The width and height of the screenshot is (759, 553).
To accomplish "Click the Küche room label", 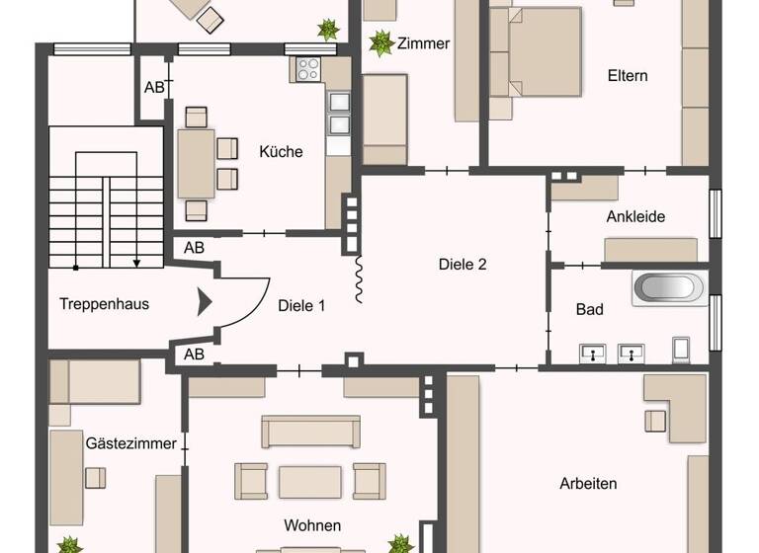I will click(281, 152).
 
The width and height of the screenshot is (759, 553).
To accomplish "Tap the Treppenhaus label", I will click(104, 303).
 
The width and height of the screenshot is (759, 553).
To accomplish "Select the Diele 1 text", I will click(300, 306).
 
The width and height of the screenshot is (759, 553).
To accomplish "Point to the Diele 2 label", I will click(463, 264).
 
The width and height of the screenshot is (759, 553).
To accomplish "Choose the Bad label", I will click(589, 309).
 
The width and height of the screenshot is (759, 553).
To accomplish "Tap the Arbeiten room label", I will click(588, 483).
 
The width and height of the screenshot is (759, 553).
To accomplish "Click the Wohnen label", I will click(312, 525).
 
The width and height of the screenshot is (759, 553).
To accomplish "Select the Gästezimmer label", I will click(130, 443).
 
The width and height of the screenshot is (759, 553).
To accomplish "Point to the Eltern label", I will click(628, 75).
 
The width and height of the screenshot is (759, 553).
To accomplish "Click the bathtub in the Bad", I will click(669, 288).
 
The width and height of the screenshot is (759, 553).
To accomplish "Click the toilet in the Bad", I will click(682, 349).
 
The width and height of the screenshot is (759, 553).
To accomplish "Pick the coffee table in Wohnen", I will click(310, 482).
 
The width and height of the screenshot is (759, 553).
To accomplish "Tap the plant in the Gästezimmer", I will click(68, 544).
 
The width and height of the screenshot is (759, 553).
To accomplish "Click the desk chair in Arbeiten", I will click(654, 421).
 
